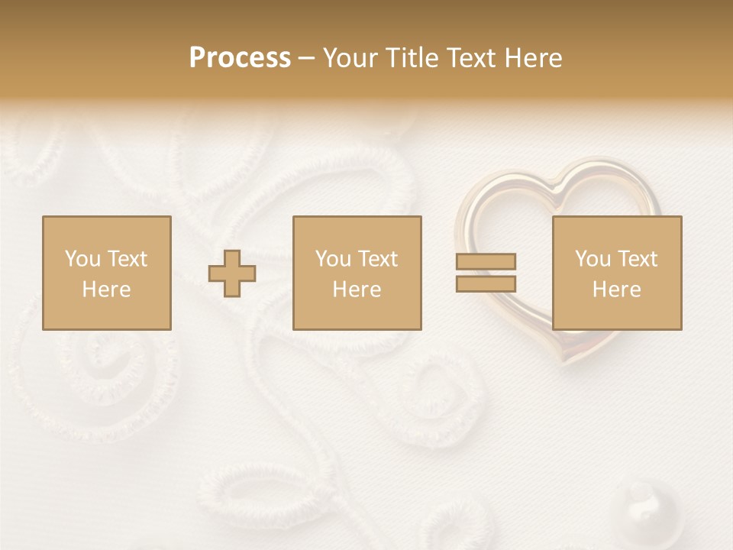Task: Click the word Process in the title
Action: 240,58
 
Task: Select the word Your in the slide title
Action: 350,58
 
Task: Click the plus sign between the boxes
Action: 232,273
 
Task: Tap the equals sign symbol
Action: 486,273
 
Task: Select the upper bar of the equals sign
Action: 486,262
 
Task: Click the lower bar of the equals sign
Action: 486,283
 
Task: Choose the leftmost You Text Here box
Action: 106,273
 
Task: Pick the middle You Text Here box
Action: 357,273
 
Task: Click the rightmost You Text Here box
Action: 616,273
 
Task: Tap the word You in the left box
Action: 82,259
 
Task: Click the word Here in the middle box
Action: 357,290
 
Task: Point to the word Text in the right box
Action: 638,259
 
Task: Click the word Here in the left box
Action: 106,290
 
